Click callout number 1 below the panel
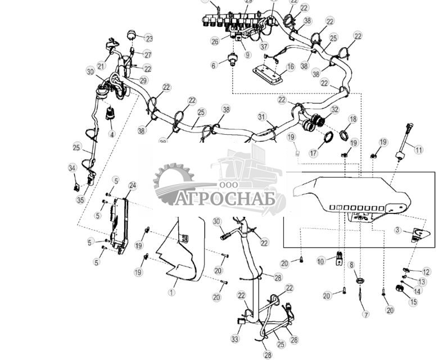tap(172, 292)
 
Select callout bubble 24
tap(132, 185)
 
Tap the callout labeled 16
tap(290, 67)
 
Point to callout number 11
tap(418, 149)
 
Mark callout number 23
tap(148, 39)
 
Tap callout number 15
tap(413, 302)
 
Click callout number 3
tap(397, 230)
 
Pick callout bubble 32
tap(334, 110)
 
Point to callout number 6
tap(214, 66)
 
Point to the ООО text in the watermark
tap(225, 185)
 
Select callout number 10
tap(321, 261)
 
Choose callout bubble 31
tap(261, 116)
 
